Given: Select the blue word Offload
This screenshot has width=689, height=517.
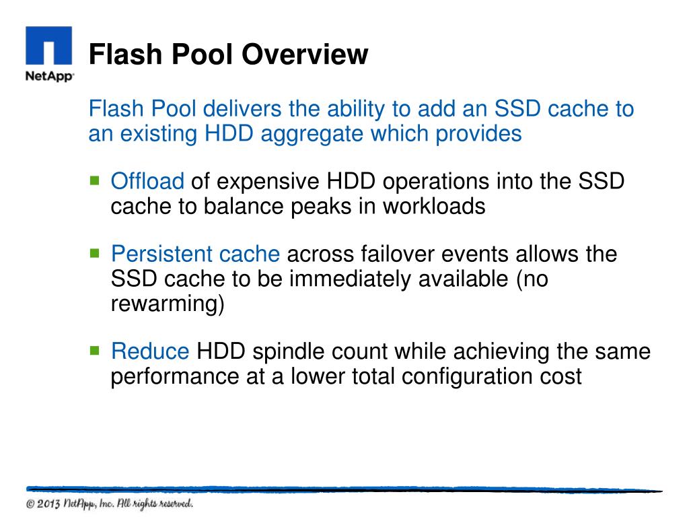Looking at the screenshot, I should pos(147,182).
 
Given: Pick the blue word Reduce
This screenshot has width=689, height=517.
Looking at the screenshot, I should pos(150,351).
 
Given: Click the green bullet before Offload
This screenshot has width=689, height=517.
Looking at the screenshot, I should pos(94,180).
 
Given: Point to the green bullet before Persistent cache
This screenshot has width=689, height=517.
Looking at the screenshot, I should pos(94,254).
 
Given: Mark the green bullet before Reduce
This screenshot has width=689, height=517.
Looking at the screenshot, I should pos(94,351).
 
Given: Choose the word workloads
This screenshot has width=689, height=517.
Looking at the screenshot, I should pos(434,206).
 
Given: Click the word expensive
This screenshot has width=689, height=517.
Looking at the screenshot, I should pos(268,182).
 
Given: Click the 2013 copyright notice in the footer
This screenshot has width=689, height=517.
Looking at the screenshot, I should pos(110,504).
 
